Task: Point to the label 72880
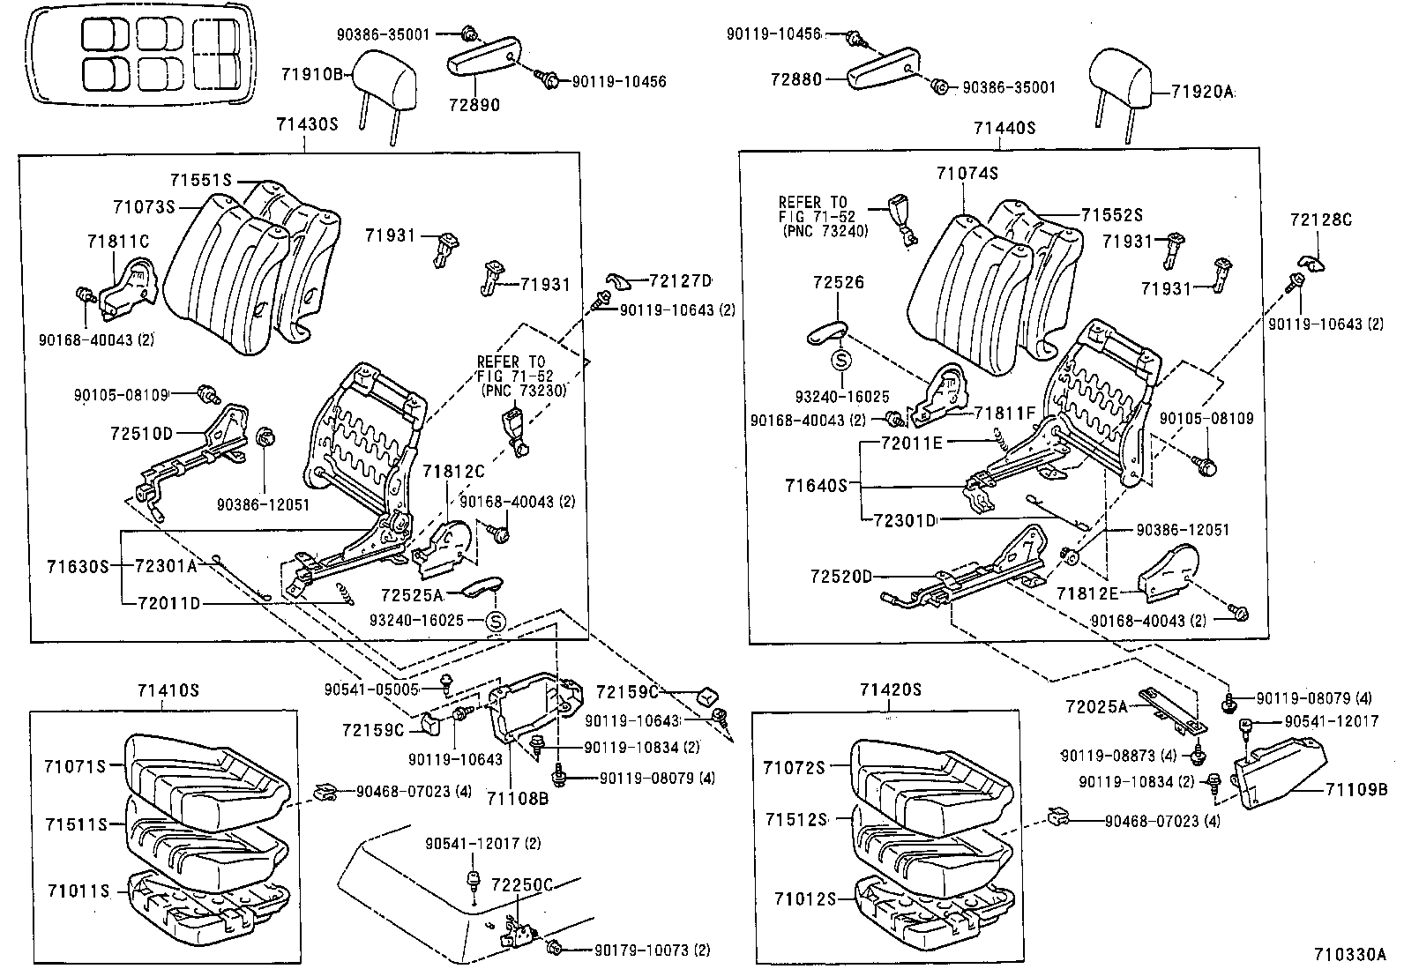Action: [x=793, y=79]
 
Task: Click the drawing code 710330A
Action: [x=1350, y=954]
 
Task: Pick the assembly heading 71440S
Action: [x=1004, y=129]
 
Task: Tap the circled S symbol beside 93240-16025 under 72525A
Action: [x=496, y=621]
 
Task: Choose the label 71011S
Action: [x=77, y=891]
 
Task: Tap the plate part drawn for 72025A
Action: [x=1170, y=709]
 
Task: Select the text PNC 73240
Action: [x=825, y=231]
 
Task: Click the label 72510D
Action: [x=142, y=433]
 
